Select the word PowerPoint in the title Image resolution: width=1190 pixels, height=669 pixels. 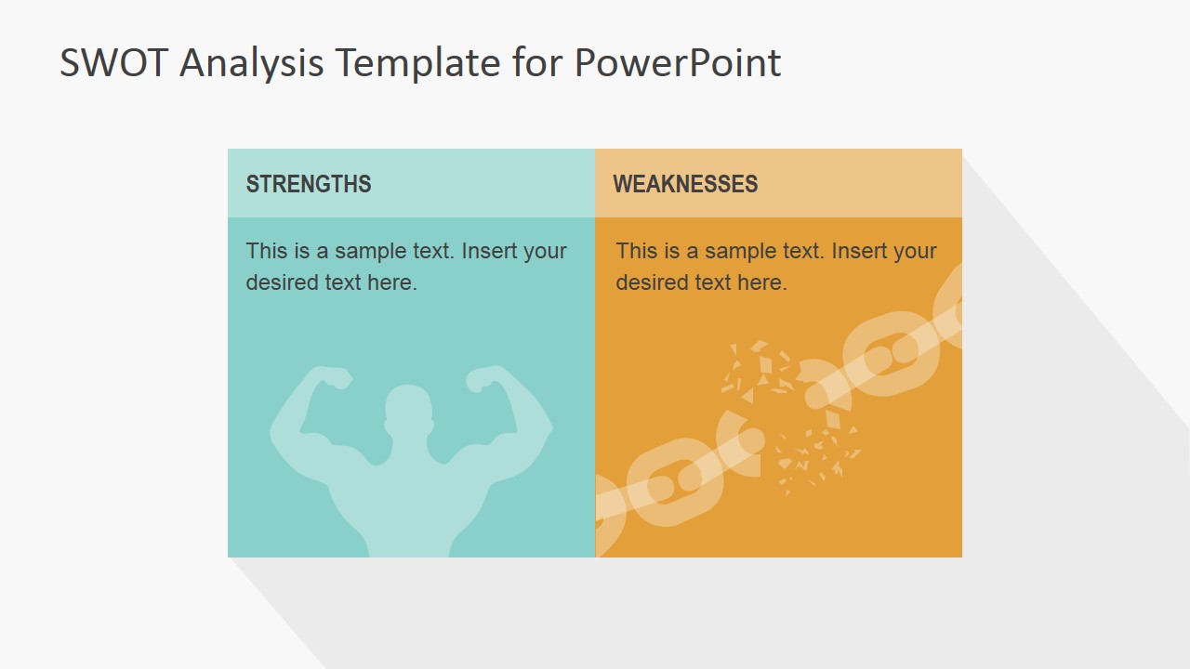(x=677, y=63)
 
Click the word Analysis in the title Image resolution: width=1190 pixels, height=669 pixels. (x=252, y=63)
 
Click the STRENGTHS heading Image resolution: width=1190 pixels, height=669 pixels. (x=308, y=184)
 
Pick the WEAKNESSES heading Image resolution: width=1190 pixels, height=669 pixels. (x=685, y=184)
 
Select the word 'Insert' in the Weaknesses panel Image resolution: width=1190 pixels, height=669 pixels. (x=857, y=251)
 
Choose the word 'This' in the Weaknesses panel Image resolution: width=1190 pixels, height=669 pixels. (x=635, y=251)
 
